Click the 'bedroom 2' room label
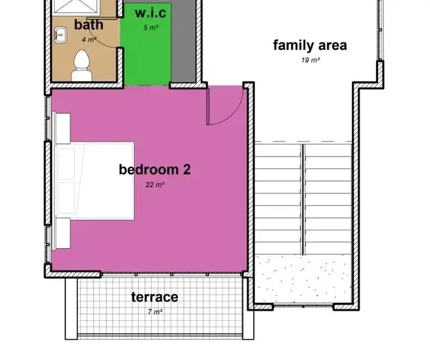155,169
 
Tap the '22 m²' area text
155,184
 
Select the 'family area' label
310,45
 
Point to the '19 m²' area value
310,60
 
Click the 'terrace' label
155,297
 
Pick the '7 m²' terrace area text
155,312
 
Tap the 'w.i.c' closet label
151,13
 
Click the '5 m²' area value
151,28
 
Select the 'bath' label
89,25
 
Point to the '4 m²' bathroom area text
89,39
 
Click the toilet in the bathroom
82,65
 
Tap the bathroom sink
60,35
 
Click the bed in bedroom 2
95,181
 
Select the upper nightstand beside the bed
61,128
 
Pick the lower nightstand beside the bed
61,234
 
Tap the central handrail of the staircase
303,199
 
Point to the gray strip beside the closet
183,41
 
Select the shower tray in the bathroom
76,6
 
